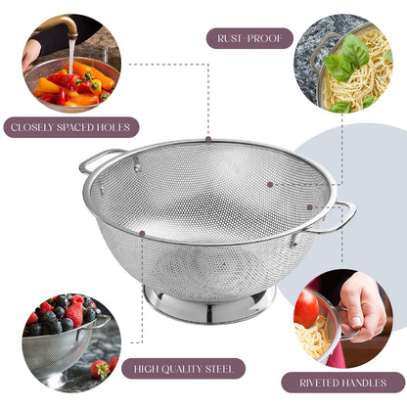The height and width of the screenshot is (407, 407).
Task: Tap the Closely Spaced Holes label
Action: click(x=69, y=127)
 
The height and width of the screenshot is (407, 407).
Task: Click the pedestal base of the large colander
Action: click(x=209, y=303)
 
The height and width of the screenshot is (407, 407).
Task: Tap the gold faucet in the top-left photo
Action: click(x=63, y=25)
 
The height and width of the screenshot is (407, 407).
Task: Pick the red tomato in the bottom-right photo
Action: click(x=306, y=309)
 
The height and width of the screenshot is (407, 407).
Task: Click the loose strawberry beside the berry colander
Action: click(x=100, y=370)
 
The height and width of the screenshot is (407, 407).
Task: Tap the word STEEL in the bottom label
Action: click(x=224, y=370)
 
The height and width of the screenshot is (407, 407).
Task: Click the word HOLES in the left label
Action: click(x=112, y=127)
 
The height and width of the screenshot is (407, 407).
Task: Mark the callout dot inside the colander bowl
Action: click(x=269, y=183)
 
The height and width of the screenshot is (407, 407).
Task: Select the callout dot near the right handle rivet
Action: click(x=310, y=206)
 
